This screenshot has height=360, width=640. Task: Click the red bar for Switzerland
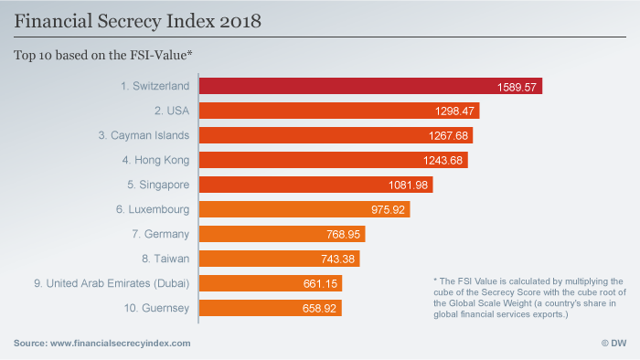(370, 86)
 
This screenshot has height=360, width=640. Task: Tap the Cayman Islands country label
(144, 135)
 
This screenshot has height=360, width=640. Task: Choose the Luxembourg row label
(153, 209)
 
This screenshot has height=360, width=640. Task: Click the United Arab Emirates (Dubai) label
(111, 284)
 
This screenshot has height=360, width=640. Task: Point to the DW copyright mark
(612, 343)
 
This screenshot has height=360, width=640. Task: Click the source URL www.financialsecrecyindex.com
(121, 343)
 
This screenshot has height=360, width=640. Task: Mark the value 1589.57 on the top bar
(517, 86)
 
